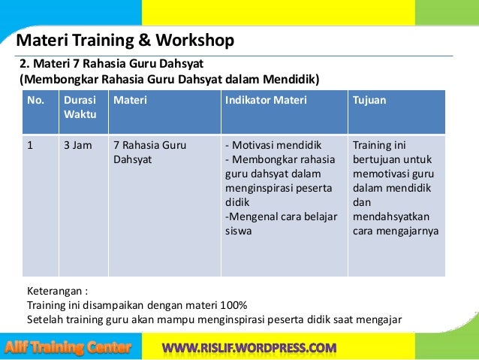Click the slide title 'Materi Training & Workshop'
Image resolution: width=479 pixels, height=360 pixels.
[125, 40]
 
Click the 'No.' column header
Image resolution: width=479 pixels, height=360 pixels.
[35, 99]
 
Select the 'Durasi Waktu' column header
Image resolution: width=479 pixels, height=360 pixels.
[78, 106]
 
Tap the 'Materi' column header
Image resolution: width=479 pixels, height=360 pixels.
[130, 99]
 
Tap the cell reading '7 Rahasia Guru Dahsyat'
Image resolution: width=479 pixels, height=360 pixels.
[149, 152]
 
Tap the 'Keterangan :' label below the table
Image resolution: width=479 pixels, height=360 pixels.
[56, 291]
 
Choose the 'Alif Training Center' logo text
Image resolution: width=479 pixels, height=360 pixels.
[68, 347]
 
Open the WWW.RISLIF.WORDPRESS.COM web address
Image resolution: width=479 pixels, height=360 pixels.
[249, 348]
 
